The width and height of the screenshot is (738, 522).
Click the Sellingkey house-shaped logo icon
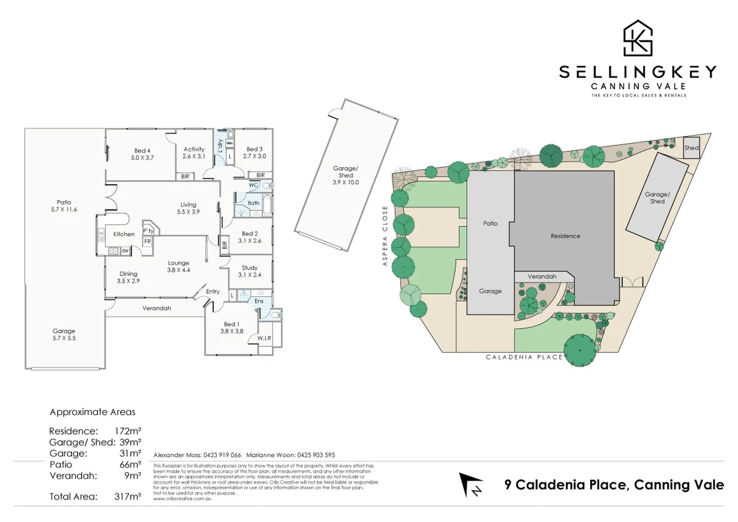pyautogui.click(x=638, y=38)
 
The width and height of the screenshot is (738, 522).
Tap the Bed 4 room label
pyautogui.click(x=142, y=154)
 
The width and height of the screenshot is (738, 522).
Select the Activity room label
pyautogui.click(x=194, y=153)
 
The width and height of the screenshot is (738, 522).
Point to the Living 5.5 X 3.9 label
pyautogui.click(x=188, y=208)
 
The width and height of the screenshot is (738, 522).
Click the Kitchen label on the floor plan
pyautogui.click(x=124, y=234)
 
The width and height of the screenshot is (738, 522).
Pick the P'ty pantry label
pyautogui.click(x=148, y=231)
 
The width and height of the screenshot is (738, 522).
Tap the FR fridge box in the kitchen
pyautogui.click(x=147, y=241)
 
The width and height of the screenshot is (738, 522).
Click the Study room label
pyautogui.click(x=249, y=271)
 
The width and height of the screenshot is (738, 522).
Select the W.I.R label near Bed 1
pyautogui.click(x=264, y=338)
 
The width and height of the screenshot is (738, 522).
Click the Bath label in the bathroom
pyautogui.click(x=253, y=203)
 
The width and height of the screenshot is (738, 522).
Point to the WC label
pyautogui.click(x=253, y=185)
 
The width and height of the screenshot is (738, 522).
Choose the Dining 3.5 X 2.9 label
pyautogui.click(x=128, y=277)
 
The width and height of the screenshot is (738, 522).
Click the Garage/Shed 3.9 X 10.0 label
pyautogui.click(x=345, y=175)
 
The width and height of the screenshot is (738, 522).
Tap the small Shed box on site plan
pyautogui.click(x=691, y=148)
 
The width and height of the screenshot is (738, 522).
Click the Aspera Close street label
pyautogui.click(x=385, y=236)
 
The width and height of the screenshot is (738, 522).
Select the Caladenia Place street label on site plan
pyautogui.click(x=524, y=357)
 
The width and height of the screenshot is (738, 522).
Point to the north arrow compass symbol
pyautogui.click(x=471, y=485)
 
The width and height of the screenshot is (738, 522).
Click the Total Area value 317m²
pyautogui.click(x=128, y=496)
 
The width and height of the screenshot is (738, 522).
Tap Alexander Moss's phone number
pyautogui.click(x=222, y=455)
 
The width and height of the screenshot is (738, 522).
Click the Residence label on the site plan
pyautogui.click(x=565, y=236)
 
